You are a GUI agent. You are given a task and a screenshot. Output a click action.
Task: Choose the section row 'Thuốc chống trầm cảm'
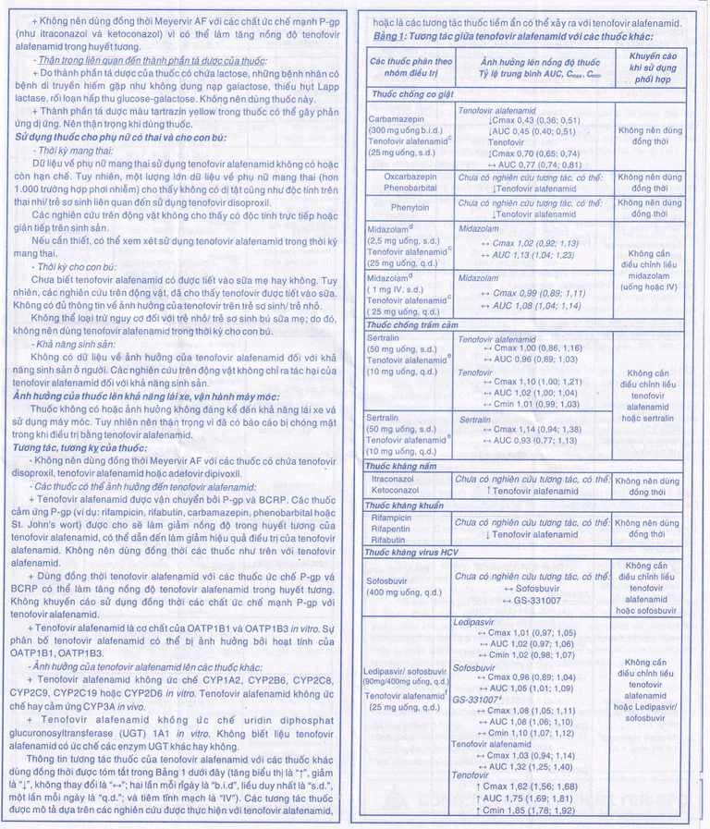click(412, 325)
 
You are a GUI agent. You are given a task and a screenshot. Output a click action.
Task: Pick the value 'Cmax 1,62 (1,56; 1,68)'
click(532, 786)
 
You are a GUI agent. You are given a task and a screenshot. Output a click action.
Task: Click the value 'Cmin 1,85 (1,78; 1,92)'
click(532, 811)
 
